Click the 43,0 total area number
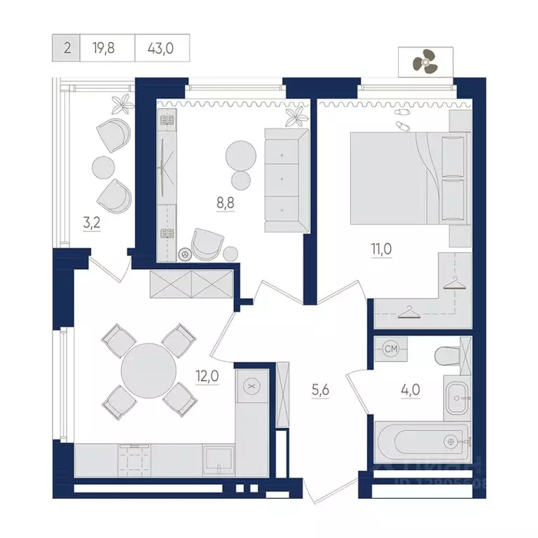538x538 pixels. click(x=161, y=48)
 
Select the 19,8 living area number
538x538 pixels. click(x=107, y=48)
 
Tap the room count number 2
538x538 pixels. click(x=67, y=48)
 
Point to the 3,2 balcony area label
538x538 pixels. click(x=91, y=226)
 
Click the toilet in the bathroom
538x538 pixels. click(x=446, y=356)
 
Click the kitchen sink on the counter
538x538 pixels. click(x=219, y=460)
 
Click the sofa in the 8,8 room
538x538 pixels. click(x=287, y=180)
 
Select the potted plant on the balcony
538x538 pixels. click(x=124, y=103)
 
